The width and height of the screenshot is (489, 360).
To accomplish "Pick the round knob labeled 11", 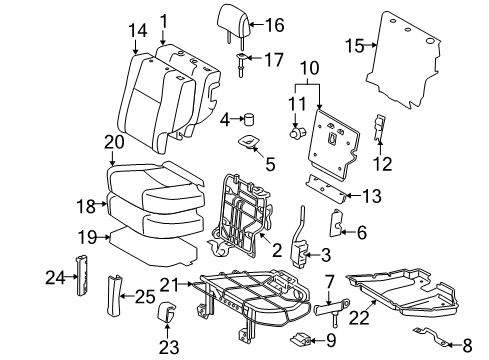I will (295, 131).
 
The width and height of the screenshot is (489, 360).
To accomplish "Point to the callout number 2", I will (276, 249).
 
